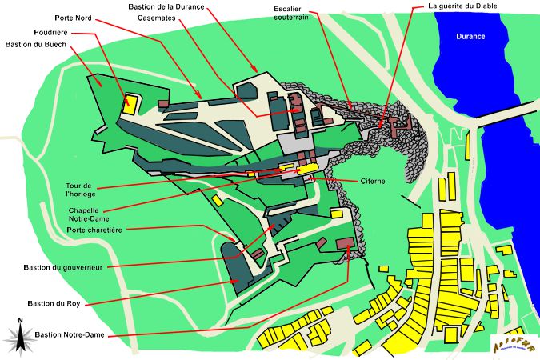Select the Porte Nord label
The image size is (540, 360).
tap(73, 17)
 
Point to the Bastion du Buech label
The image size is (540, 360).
tap(35, 44)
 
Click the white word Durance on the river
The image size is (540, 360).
tap(470, 37)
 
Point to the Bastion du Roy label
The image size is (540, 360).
tap(53, 304)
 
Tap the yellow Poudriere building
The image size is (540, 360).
tap(130, 103)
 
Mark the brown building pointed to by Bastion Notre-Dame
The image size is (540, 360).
tap(345, 243)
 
